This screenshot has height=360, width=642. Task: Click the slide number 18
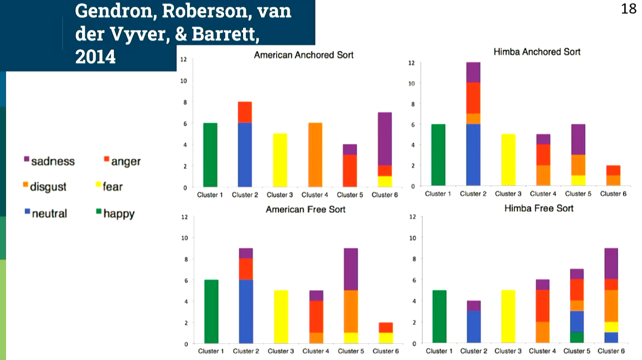click(x=628, y=9)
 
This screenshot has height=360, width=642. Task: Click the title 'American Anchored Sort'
click(x=303, y=55)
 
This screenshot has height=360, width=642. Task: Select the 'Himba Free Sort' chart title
click(x=538, y=208)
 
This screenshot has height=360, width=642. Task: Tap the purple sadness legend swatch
click(x=26, y=159)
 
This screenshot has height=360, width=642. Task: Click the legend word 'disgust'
click(x=48, y=187)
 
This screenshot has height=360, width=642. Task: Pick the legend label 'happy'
click(x=119, y=213)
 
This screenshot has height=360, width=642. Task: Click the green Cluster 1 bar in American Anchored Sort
click(x=210, y=155)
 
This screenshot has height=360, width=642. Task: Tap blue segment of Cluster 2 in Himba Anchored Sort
click(x=473, y=155)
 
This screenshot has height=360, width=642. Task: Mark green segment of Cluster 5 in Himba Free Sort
click(x=577, y=338)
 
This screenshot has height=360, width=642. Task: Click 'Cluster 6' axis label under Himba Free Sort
click(x=610, y=351)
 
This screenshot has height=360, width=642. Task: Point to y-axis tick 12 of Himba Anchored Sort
click(x=412, y=63)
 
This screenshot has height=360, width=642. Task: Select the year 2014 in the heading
click(x=95, y=57)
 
